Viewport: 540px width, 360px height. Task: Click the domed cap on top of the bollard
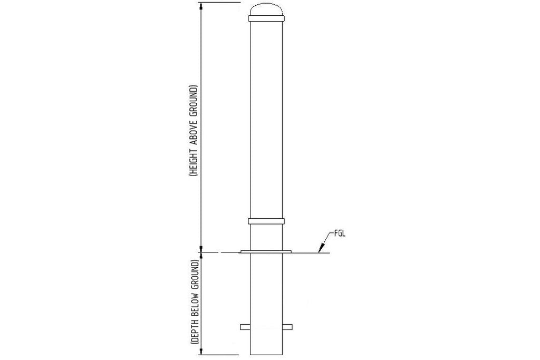pyautogui.click(x=266, y=9)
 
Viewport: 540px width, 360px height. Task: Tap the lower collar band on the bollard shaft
pyautogui.click(x=266, y=221)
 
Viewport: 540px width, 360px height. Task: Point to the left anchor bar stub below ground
pyautogui.click(x=245, y=327)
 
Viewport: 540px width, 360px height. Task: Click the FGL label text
pyautogui.click(x=341, y=232)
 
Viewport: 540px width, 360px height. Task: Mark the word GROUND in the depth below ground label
pyautogui.click(x=194, y=274)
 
